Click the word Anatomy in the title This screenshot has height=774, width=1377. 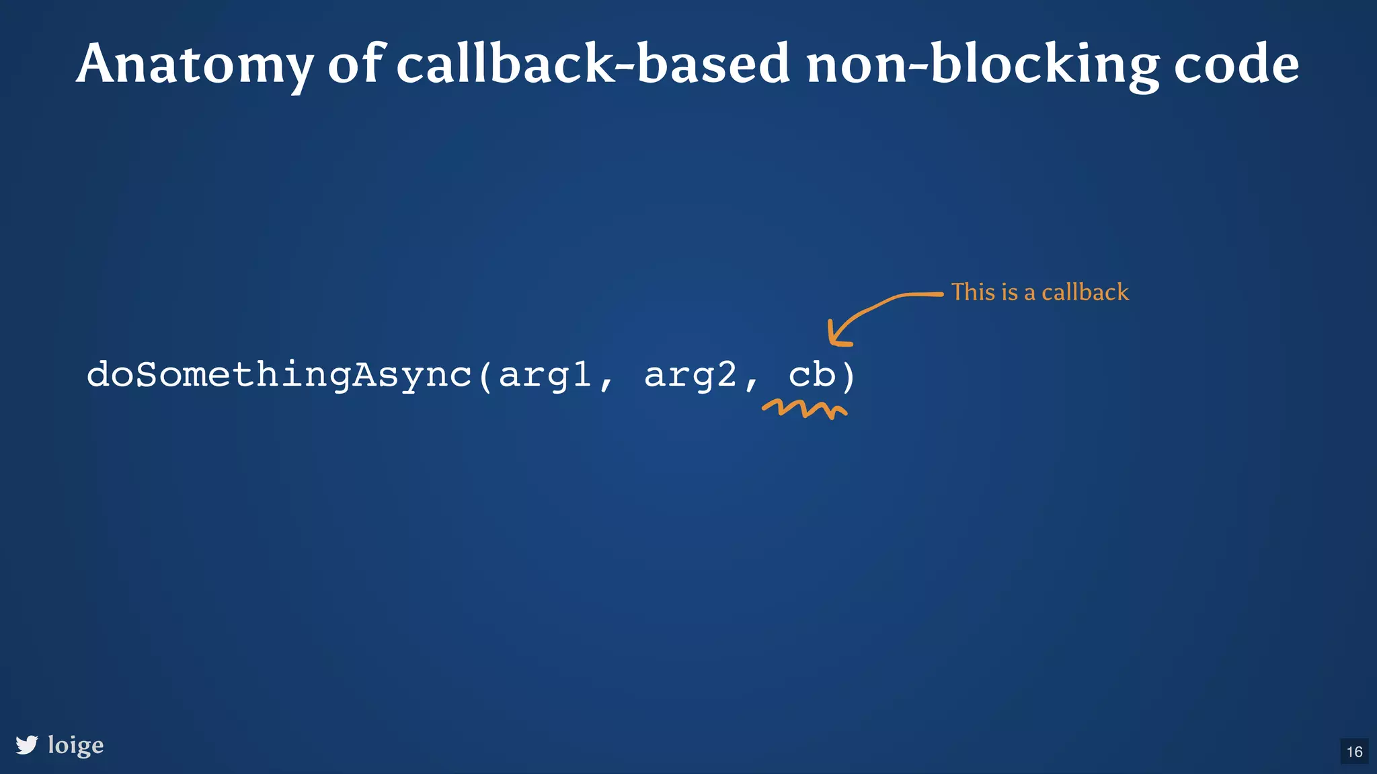tap(194, 64)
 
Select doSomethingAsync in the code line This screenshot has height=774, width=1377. tap(279, 375)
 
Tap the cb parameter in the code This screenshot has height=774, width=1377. tap(812, 374)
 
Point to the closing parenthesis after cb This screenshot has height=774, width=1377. tap(849, 376)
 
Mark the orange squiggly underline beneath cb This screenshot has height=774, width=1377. tap(804, 408)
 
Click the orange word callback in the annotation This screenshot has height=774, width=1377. tap(1085, 292)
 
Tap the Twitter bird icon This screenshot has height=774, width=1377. tap(27, 744)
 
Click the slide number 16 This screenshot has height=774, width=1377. tap(1354, 751)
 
